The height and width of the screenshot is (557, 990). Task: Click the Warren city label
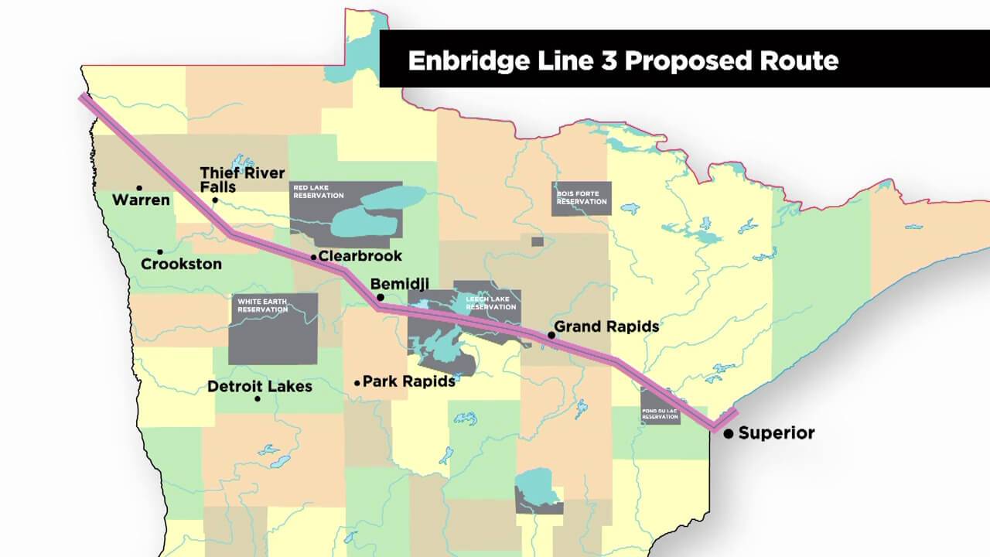141,200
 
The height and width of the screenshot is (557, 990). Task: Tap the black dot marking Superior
729,435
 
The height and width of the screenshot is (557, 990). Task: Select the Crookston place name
181,264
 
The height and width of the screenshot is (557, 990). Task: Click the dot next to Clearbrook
313,257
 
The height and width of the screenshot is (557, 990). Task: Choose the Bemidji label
400,284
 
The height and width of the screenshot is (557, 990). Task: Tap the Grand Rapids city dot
551,335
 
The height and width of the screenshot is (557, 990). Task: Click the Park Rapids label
408,381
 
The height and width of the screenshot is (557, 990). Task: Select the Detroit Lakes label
260,386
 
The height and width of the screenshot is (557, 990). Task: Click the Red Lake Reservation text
317,191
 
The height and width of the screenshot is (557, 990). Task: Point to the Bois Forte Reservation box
582,198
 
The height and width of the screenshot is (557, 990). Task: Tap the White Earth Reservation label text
262,306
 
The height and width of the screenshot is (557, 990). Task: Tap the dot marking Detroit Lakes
258,399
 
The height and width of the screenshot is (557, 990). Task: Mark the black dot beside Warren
139,187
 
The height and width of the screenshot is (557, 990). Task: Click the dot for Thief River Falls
215,201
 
